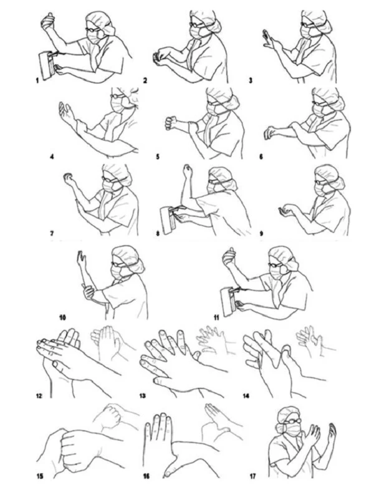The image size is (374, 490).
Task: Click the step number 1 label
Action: [37, 80]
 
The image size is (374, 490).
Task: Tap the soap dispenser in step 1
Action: [46, 65]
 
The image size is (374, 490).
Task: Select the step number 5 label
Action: [158, 156]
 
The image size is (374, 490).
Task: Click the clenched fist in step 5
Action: [171, 123]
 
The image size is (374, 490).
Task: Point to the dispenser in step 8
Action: [168, 220]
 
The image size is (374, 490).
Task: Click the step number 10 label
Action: [62, 318]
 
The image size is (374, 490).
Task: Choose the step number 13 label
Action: [143, 396]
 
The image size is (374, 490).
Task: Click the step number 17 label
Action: [253, 476]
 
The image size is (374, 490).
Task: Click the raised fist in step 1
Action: [48, 21]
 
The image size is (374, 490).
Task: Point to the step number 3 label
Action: [251, 80]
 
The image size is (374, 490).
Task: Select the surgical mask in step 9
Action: [320, 190]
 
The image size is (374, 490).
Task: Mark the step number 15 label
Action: [40, 476]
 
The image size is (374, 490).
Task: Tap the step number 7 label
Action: [52, 233]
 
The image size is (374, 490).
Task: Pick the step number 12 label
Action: [39, 396]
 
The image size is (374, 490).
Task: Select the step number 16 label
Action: [146, 476]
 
